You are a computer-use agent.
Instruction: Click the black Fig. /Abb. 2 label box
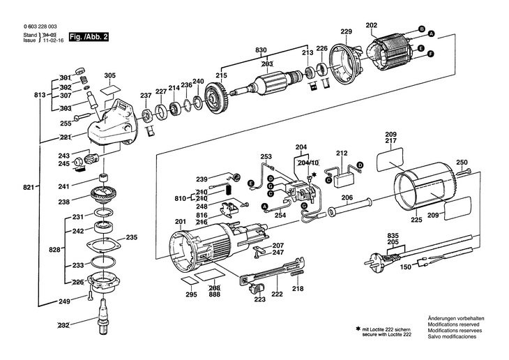89,37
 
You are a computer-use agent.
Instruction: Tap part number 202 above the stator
371,25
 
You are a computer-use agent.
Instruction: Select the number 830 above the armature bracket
261,50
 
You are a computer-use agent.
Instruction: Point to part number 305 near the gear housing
109,76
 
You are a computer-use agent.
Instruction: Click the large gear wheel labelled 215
217,98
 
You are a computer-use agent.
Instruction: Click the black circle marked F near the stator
431,54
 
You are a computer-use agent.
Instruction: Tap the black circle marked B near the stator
421,29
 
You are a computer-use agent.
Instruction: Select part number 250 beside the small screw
462,163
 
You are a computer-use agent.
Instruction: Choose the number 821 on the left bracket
29,187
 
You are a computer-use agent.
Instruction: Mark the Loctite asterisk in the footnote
358,329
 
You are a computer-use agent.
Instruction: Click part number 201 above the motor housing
181,222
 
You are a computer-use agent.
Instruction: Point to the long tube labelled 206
351,207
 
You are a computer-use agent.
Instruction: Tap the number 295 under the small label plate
191,294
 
